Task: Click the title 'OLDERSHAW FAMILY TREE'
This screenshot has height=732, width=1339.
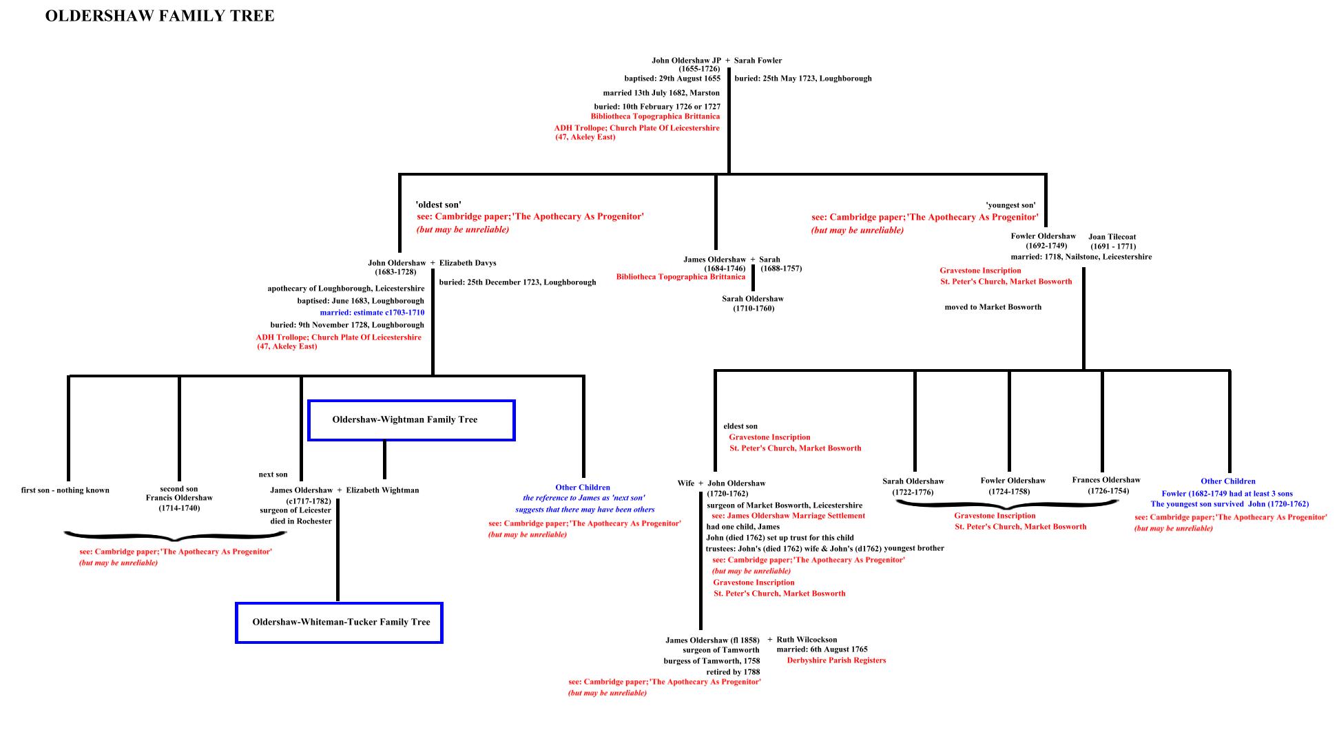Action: coord(160,16)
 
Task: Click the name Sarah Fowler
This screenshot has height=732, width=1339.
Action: coord(758,61)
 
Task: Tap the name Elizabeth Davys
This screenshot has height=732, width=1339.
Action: coord(468,263)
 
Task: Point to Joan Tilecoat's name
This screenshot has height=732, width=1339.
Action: coord(1112,237)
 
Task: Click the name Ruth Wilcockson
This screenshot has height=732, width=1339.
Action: coord(807,640)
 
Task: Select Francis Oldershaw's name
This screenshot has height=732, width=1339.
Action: coord(179,498)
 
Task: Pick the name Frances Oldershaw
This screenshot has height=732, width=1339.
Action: coord(1106,480)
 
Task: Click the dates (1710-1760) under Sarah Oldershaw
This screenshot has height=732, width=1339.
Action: coord(754,309)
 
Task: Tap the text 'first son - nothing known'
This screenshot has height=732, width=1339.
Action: coord(65,490)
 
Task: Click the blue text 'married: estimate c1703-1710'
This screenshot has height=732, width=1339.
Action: coord(372,313)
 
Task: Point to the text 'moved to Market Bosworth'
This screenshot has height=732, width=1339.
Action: coord(993,307)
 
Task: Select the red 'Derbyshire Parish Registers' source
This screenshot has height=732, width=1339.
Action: coord(836,660)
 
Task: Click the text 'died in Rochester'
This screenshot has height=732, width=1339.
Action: coord(301,521)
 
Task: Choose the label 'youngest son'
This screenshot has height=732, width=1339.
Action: coord(1010,205)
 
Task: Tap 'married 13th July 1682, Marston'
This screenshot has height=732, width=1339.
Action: coord(661,93)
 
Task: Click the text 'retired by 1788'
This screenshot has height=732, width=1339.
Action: coord(733,671)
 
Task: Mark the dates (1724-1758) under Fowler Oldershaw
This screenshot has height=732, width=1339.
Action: coord(1009,492)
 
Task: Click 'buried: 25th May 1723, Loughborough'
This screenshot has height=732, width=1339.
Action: coord(803,79)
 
